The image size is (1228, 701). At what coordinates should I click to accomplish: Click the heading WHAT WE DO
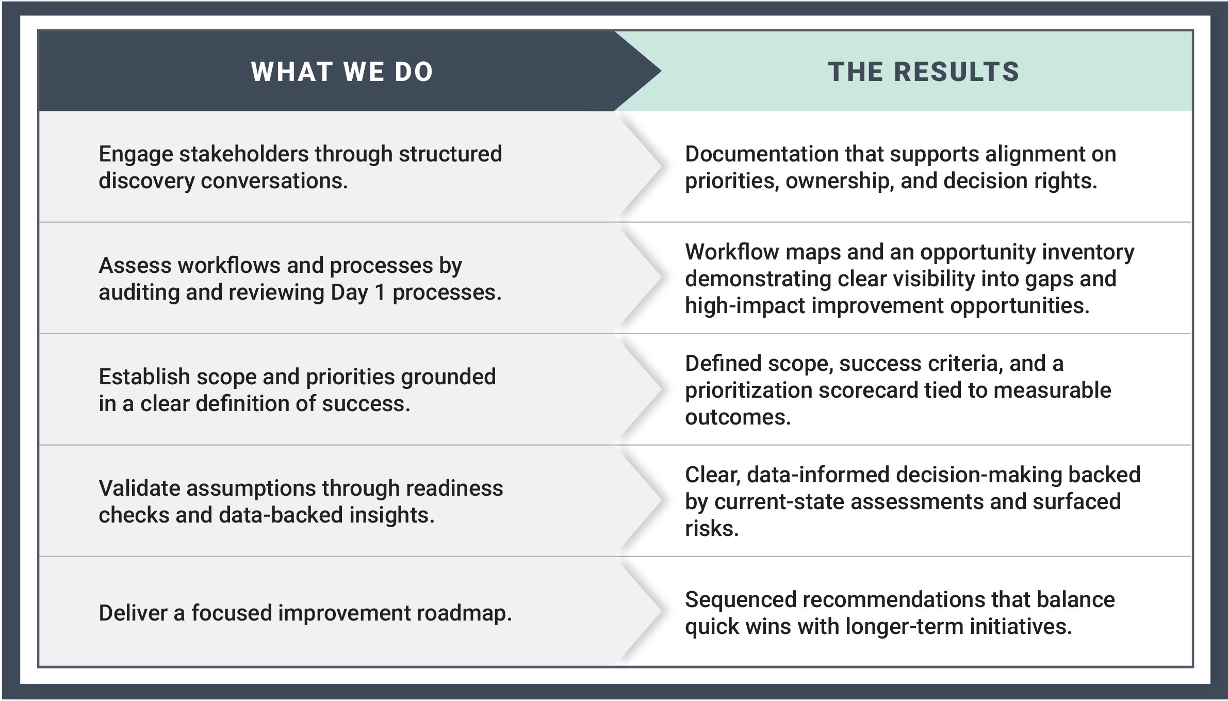(341, 72)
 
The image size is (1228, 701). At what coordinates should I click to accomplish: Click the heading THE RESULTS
(923, 72)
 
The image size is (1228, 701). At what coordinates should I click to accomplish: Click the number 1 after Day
(379, 292)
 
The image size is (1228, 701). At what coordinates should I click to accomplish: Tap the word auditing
(138, 292)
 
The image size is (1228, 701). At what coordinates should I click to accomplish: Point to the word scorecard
(867, 390)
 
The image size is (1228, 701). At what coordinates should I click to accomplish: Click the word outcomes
(738, 417)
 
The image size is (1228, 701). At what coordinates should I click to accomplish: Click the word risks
(711, 529)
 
